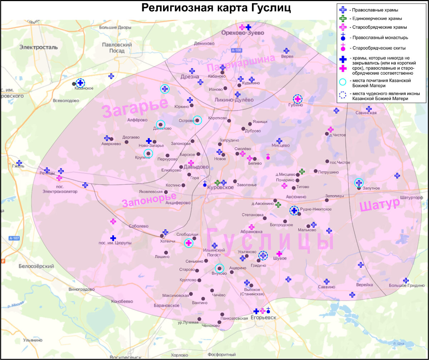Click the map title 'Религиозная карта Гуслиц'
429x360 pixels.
click(216, 8)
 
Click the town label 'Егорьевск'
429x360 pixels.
click(263, 317)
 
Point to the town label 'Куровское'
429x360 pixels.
click(223, 187)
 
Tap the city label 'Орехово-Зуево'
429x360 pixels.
click(242, 33)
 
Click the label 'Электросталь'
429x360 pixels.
click(38, 47)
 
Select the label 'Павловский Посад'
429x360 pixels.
click(117, 48)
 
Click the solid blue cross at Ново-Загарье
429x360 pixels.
click(149, 141)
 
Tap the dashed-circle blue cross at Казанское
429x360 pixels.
click(80, 83)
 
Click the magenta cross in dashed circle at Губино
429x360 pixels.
click(297, 99)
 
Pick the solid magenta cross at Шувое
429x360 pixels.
click(279, 253)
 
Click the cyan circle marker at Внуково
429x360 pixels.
click(219, 268)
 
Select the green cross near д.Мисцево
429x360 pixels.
click(302, 172)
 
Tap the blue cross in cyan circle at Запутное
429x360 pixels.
click(359, 183)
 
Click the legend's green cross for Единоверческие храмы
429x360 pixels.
click(343, 18)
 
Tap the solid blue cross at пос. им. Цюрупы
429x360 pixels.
click(113, 238)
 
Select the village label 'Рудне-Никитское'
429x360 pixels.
click(316, 209)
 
